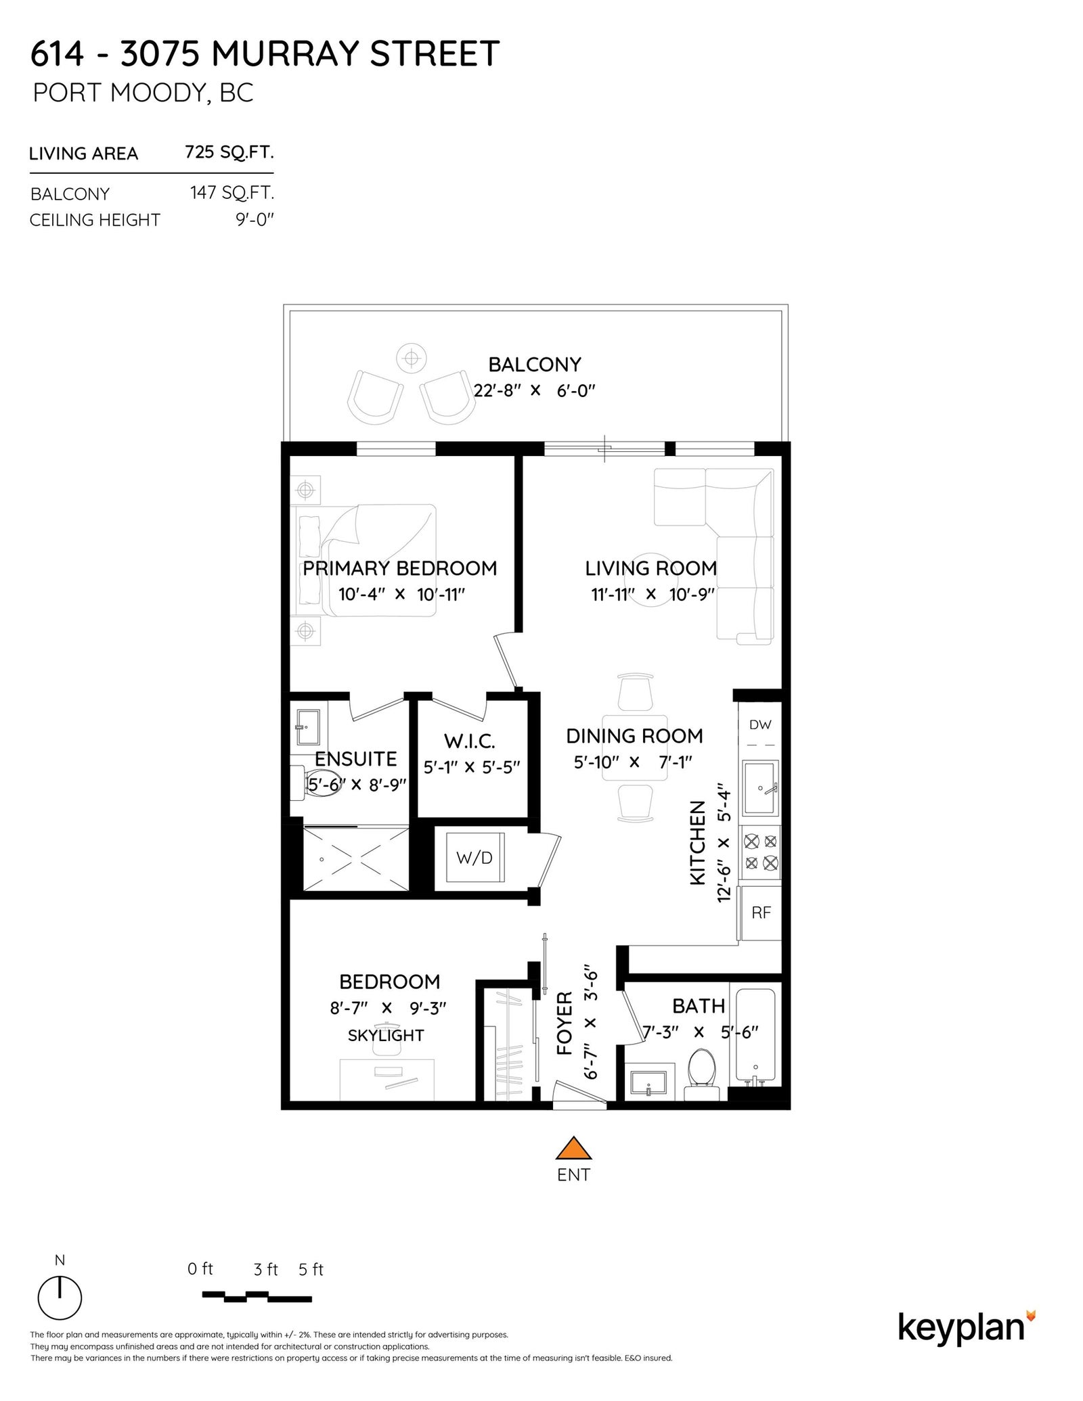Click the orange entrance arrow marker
pos(573,1148)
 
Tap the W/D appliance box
pos(474,858)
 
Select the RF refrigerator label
pos(761,913)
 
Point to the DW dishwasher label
pos(760,725)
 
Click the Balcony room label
pos(535,365)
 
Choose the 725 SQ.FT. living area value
pos(229,152)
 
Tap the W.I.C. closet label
pos(470,741)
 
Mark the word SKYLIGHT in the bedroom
pos(386,1035)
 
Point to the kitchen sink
pos(761,787)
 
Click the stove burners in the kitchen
pos(761,852)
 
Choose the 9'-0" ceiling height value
pos(255,220)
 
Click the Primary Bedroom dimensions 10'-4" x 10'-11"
pos(402,595)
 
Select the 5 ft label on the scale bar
pos(311,1270)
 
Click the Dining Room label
pos(634,736)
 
